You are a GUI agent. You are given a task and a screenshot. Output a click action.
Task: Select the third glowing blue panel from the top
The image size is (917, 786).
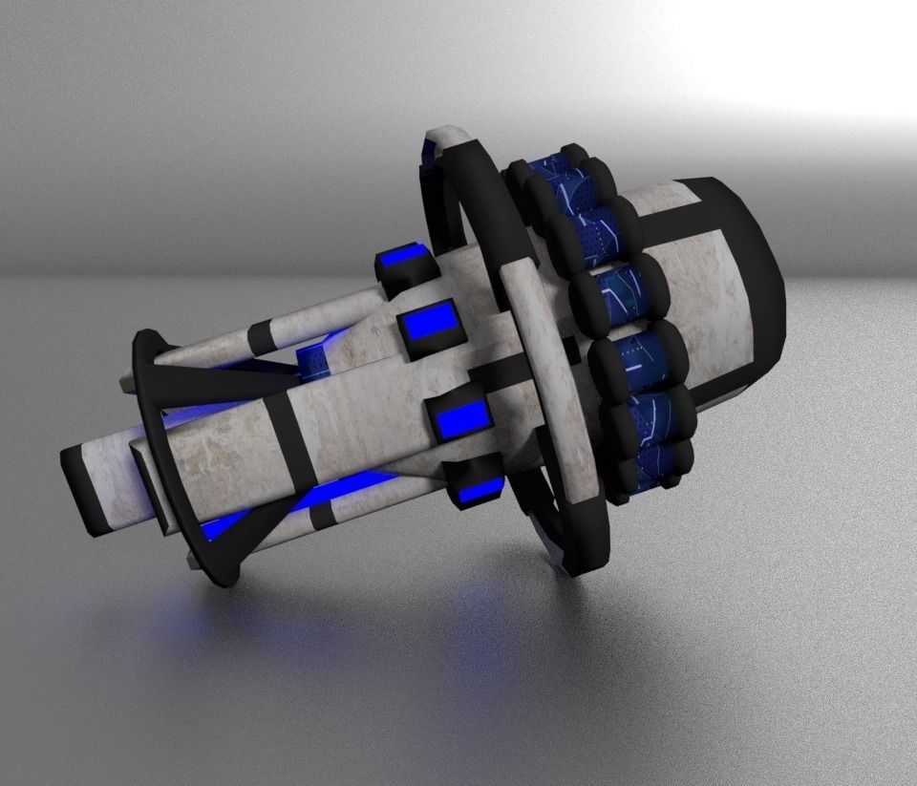pos(462,417)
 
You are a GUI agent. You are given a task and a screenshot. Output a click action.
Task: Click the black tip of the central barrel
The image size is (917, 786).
pos(83,489)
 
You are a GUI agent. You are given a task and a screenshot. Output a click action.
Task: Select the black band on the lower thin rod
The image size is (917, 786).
pos(322,512)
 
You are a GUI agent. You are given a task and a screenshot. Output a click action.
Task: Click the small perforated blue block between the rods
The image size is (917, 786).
pos(314,361)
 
